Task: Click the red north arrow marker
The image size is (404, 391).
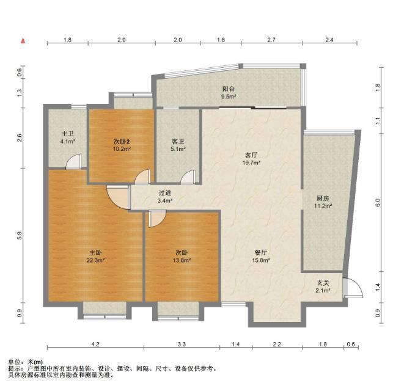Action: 23,41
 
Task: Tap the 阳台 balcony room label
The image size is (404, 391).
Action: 229,89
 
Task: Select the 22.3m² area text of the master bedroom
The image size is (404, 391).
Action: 95,260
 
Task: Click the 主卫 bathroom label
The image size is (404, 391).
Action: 67,134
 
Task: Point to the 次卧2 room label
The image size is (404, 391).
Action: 122,141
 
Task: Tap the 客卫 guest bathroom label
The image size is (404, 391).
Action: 178,141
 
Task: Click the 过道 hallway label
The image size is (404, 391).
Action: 164,193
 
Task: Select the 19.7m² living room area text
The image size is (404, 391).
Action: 251,163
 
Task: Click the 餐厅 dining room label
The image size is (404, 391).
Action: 261,253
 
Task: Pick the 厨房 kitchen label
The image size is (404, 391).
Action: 323,199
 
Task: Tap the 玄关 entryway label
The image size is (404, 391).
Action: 323,283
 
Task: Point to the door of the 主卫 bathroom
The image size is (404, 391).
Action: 73,161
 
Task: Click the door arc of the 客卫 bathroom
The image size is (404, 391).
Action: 188,177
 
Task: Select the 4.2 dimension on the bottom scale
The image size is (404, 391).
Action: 95,345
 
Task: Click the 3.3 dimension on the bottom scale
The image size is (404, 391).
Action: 182,345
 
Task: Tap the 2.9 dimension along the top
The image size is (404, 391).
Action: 122,40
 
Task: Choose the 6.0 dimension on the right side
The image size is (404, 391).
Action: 378,203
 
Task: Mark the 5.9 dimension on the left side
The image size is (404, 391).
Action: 20,235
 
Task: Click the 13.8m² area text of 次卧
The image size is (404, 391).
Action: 182,260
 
